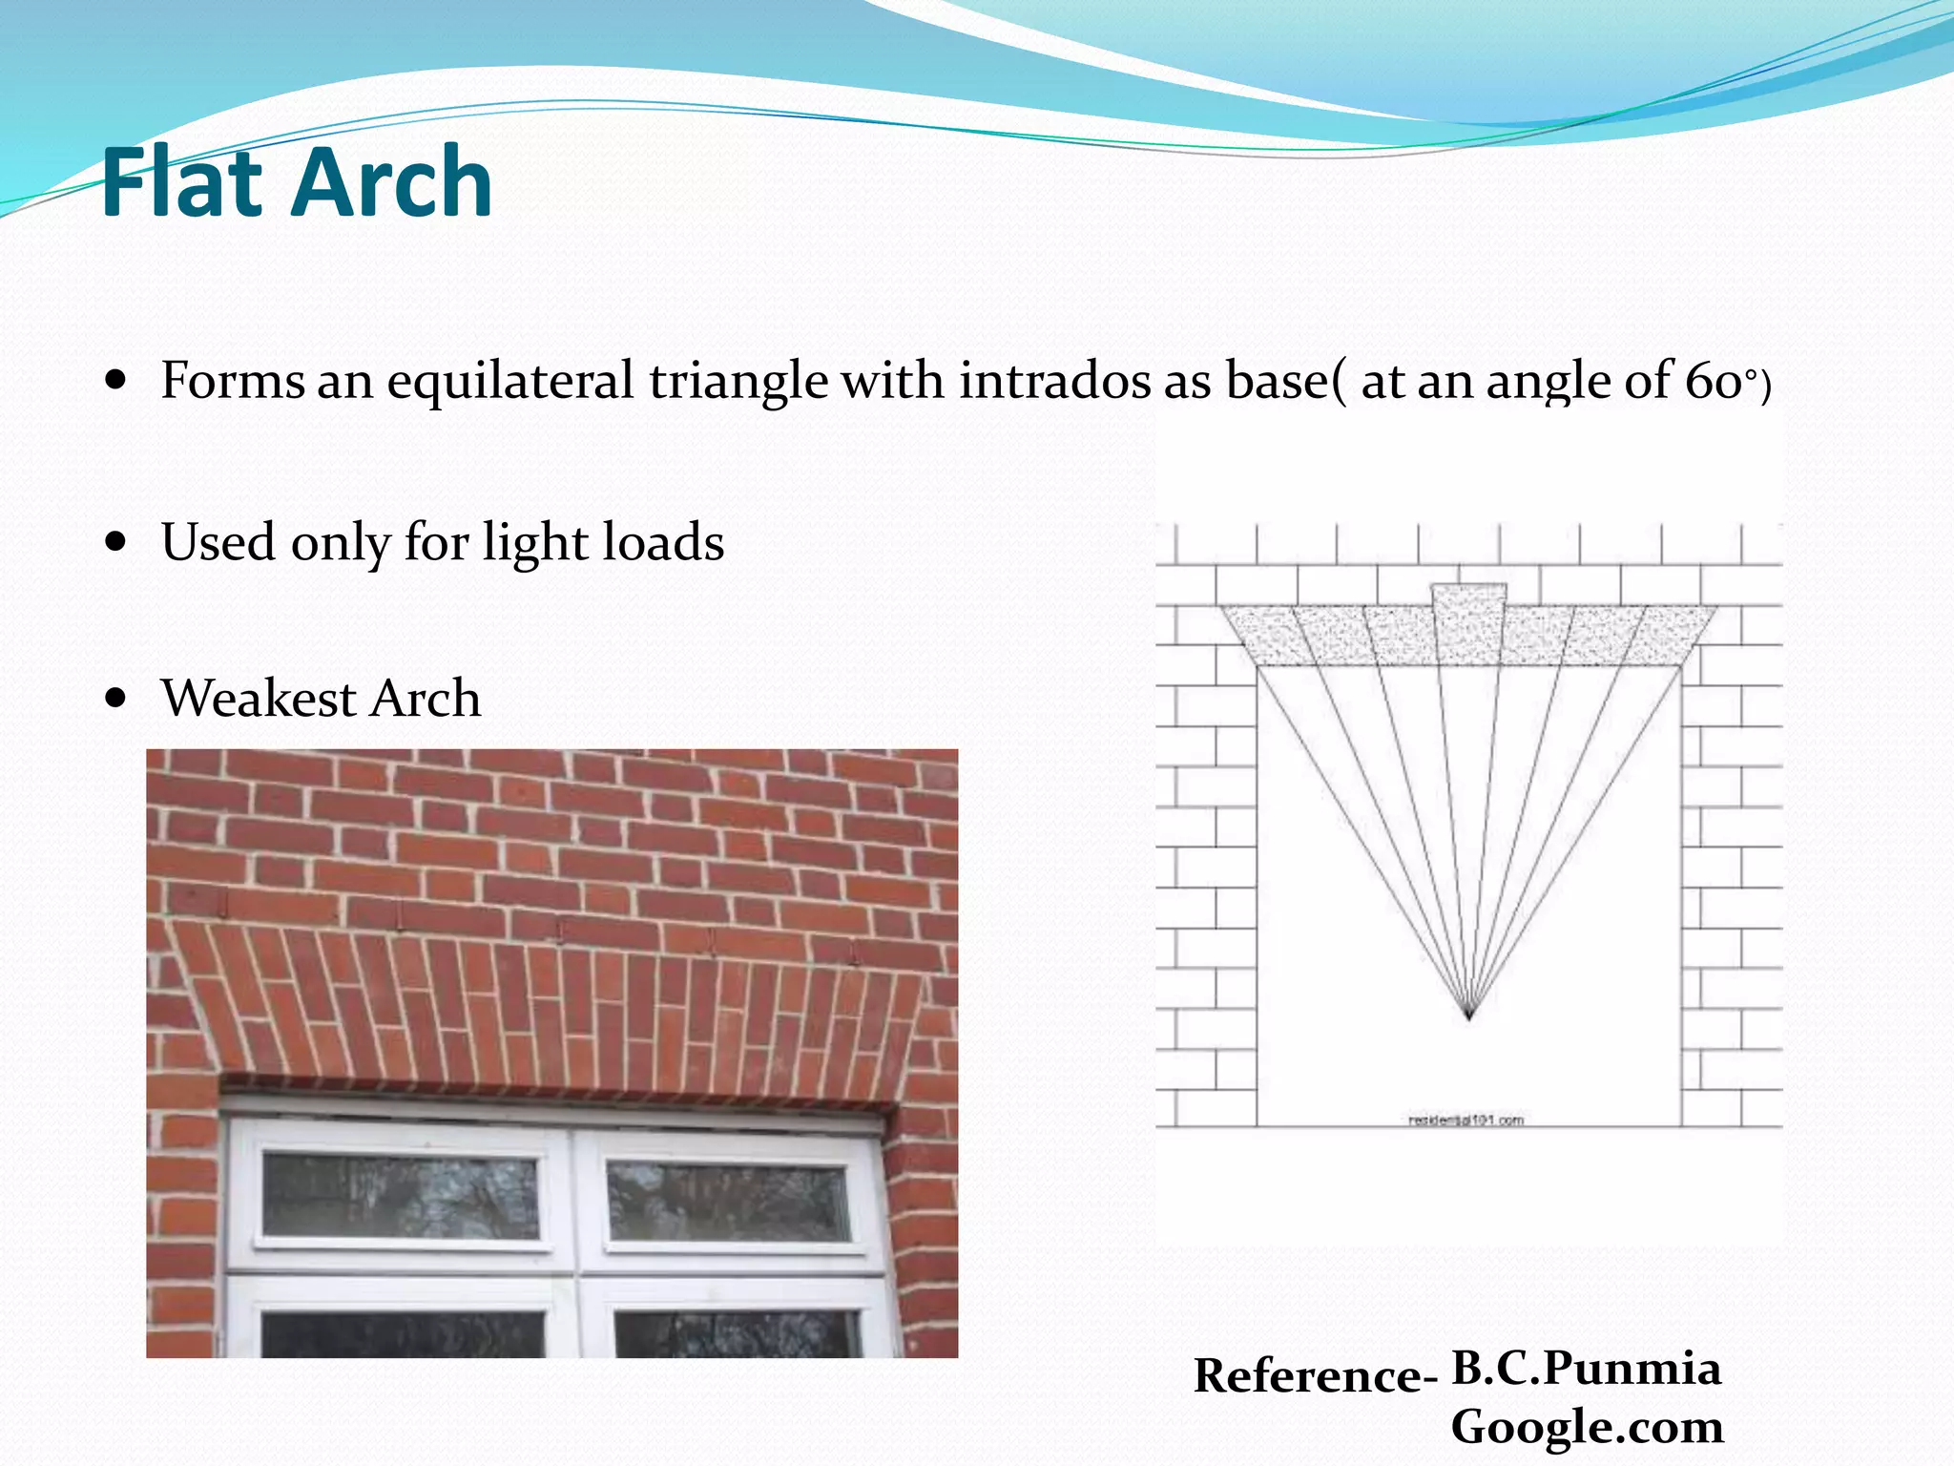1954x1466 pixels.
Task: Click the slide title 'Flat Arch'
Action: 296,182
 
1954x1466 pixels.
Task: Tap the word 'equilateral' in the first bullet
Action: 509,381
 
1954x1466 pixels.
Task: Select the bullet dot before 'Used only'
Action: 116,542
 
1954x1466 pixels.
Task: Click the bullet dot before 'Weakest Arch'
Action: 116,698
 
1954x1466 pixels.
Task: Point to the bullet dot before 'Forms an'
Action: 116,381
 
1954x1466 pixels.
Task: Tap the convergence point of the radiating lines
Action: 1469,1017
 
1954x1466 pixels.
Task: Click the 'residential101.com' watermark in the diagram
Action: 1466,1120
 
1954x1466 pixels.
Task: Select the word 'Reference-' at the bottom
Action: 1315,1376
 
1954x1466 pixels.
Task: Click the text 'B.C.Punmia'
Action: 1586,1368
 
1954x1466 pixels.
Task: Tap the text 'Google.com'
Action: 1587,1427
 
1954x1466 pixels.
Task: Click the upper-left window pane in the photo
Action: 401,1196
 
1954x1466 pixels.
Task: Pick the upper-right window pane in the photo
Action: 728,1200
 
